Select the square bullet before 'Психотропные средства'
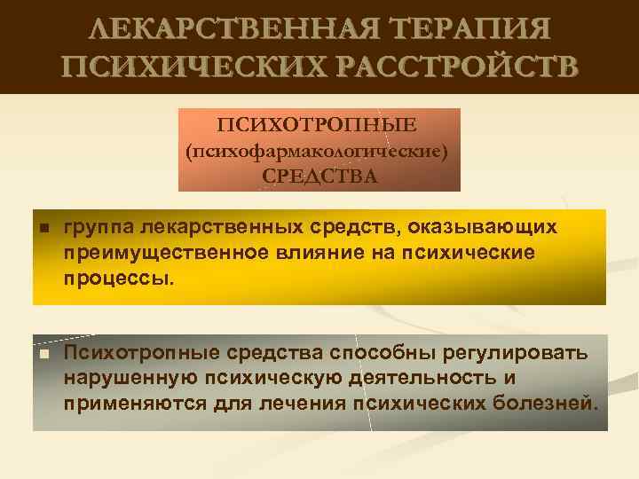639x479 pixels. [43, 355]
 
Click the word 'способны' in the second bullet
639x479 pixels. [386, 354]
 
